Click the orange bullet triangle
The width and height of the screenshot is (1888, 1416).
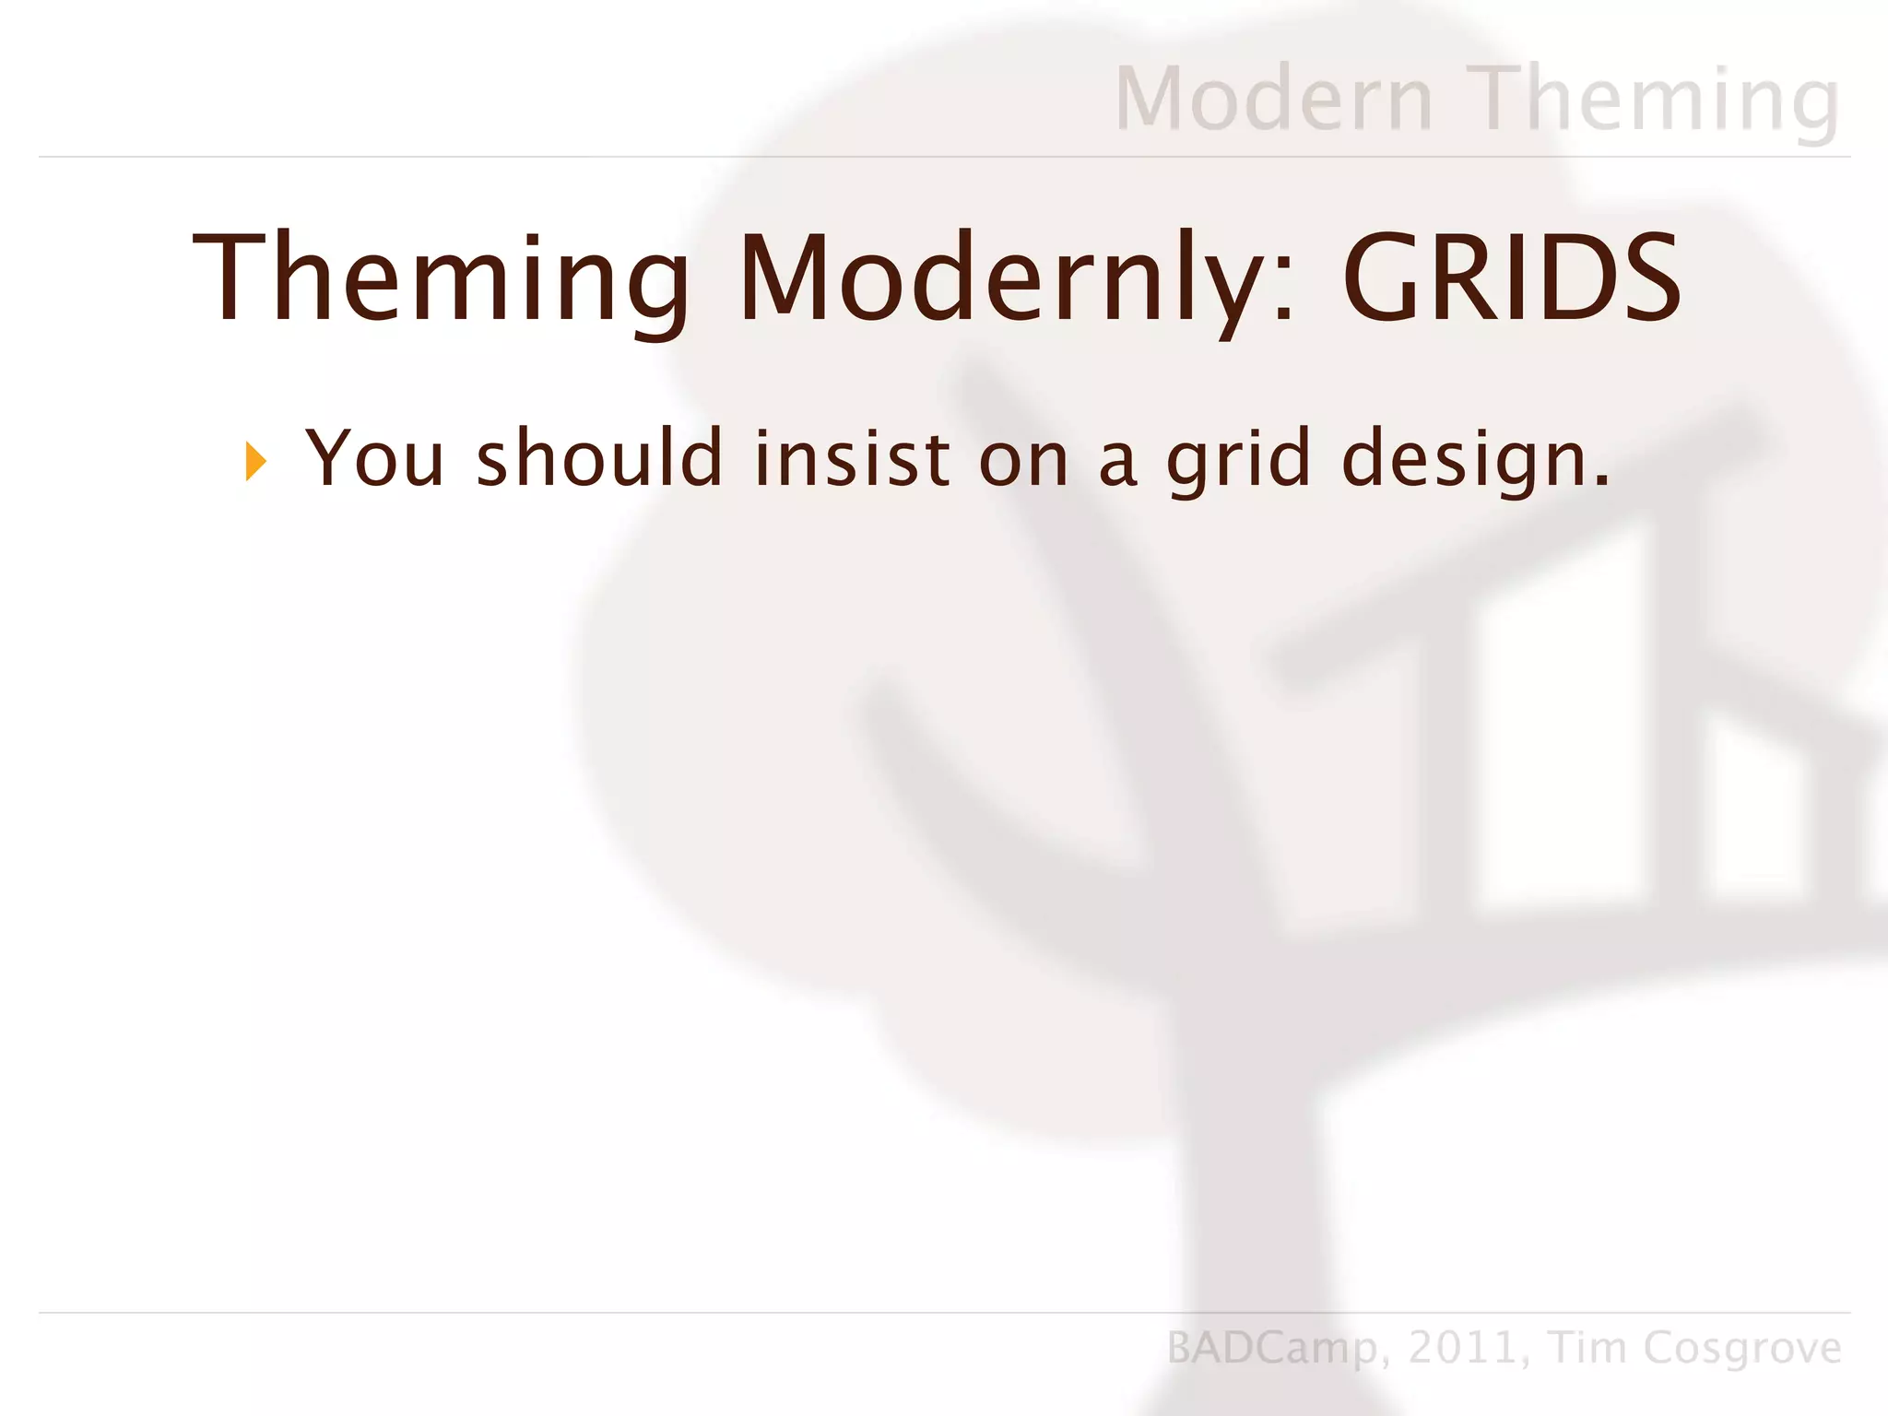[255, 461]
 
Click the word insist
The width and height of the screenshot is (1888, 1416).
[852, 458]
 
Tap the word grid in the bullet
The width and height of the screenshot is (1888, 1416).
[1238, 458]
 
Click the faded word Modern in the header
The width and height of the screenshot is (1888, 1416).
[1275, 99]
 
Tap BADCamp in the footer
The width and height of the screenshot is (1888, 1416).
[1272, 1348]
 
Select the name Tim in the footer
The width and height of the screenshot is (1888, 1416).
[1587, 1348]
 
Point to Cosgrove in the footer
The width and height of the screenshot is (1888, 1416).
[1742, 1348]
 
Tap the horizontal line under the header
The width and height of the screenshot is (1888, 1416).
[944, 157]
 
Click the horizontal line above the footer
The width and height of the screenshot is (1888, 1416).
[944, 1312]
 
